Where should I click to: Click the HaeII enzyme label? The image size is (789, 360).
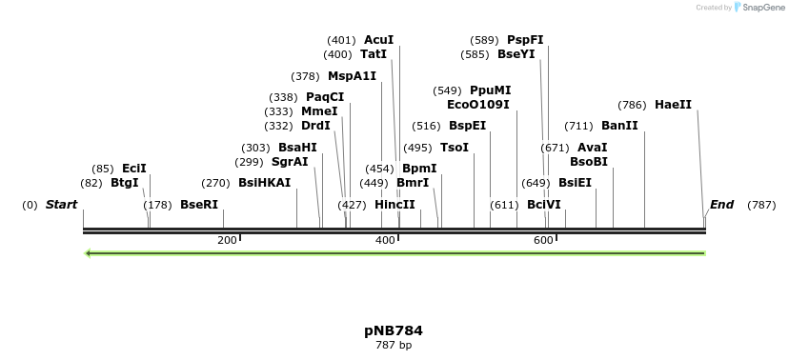click(673, 105)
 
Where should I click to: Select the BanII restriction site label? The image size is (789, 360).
click(619, 126)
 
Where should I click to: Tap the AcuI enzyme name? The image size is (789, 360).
click(378, 40)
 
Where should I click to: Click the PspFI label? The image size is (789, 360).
click(525, 40)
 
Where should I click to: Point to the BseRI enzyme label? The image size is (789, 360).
click(199, 205)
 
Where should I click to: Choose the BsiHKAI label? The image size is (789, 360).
click(264, 183)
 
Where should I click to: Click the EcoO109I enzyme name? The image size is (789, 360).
click(478, 105)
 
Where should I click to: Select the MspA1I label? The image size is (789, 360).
click(352, 76)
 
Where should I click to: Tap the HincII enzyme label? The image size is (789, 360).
click(394, 205)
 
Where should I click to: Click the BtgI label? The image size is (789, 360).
click(124, 183)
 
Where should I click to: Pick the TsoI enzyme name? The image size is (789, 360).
click(455, 148)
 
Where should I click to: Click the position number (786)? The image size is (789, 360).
click(632, 105)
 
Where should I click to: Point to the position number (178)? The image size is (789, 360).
click(157, 205)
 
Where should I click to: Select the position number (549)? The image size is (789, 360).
click(447, 90)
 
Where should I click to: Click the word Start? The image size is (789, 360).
click(61, 205)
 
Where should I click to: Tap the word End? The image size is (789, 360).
click(721, 205)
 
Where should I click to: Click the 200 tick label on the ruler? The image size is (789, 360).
click(227, 240)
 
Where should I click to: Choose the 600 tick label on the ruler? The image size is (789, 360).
click(543, 240)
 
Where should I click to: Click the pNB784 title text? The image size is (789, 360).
click(393, 330)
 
